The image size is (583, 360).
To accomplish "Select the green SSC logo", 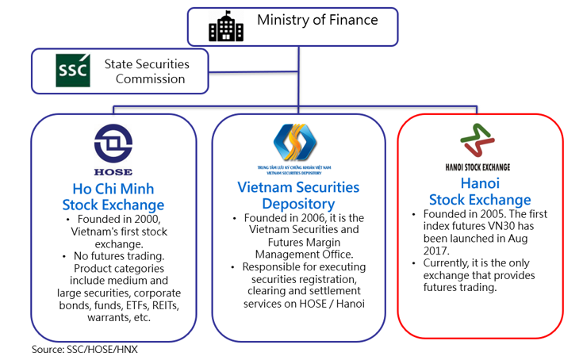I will pyautogui.click(x=67, y=71).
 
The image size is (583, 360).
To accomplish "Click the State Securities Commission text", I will pyautogui.click(x=149, y=71).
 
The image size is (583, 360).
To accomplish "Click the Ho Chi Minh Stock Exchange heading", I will pyautogui.click(x=113, y=197).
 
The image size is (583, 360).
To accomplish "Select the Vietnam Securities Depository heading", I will pyautogui.click(x=298, y=196).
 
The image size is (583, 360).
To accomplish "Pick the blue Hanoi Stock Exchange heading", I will pyautogui.click(x=479, y=192).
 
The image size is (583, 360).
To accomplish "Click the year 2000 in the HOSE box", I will pyautogui.click(x=141, y=219).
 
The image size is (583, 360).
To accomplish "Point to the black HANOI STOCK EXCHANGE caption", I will pyautogui.click(x=478, y=167).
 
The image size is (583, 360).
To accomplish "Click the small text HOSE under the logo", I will pyautogui.click(x=113, y=171).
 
